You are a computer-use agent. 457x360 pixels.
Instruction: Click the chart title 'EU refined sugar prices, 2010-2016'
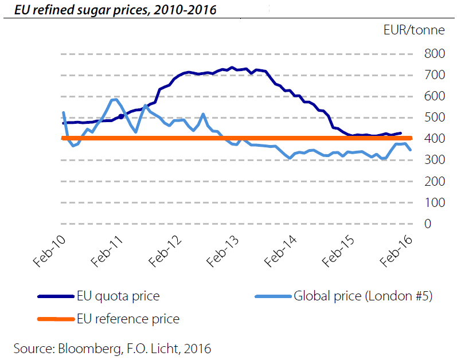[115, 10]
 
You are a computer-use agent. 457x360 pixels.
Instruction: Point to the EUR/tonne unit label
[414, 30]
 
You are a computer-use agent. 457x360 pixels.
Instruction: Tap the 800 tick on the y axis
[435, 53]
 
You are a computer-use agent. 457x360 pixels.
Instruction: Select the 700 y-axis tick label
[435, 75]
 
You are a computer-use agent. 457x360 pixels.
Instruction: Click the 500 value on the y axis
[435, 118]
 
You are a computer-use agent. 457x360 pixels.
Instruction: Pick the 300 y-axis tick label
[435, 159]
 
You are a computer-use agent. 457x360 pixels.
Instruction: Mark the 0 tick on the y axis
[428, 224]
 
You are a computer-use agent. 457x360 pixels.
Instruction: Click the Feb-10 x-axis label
[49, 251]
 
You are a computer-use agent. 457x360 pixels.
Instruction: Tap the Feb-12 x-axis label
[165, 251]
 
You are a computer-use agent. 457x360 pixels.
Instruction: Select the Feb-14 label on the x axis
[280, 251]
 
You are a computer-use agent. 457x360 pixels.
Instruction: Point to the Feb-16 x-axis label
[396, 251]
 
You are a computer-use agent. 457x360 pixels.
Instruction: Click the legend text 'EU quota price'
[118, 296]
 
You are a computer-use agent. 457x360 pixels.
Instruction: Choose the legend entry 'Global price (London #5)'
[363, 296]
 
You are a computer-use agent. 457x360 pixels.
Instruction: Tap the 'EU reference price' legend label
[128, 319]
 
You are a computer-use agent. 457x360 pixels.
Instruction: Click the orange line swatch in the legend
[56, 319]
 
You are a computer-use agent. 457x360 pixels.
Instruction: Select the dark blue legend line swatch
[56, 296]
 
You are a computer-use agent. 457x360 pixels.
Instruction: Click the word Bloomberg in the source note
[89, 349]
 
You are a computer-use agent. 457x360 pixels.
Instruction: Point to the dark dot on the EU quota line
[121, 116]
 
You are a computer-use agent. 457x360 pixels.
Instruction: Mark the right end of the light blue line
[411, 150]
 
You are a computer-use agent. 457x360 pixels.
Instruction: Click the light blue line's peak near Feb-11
[115, 100]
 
